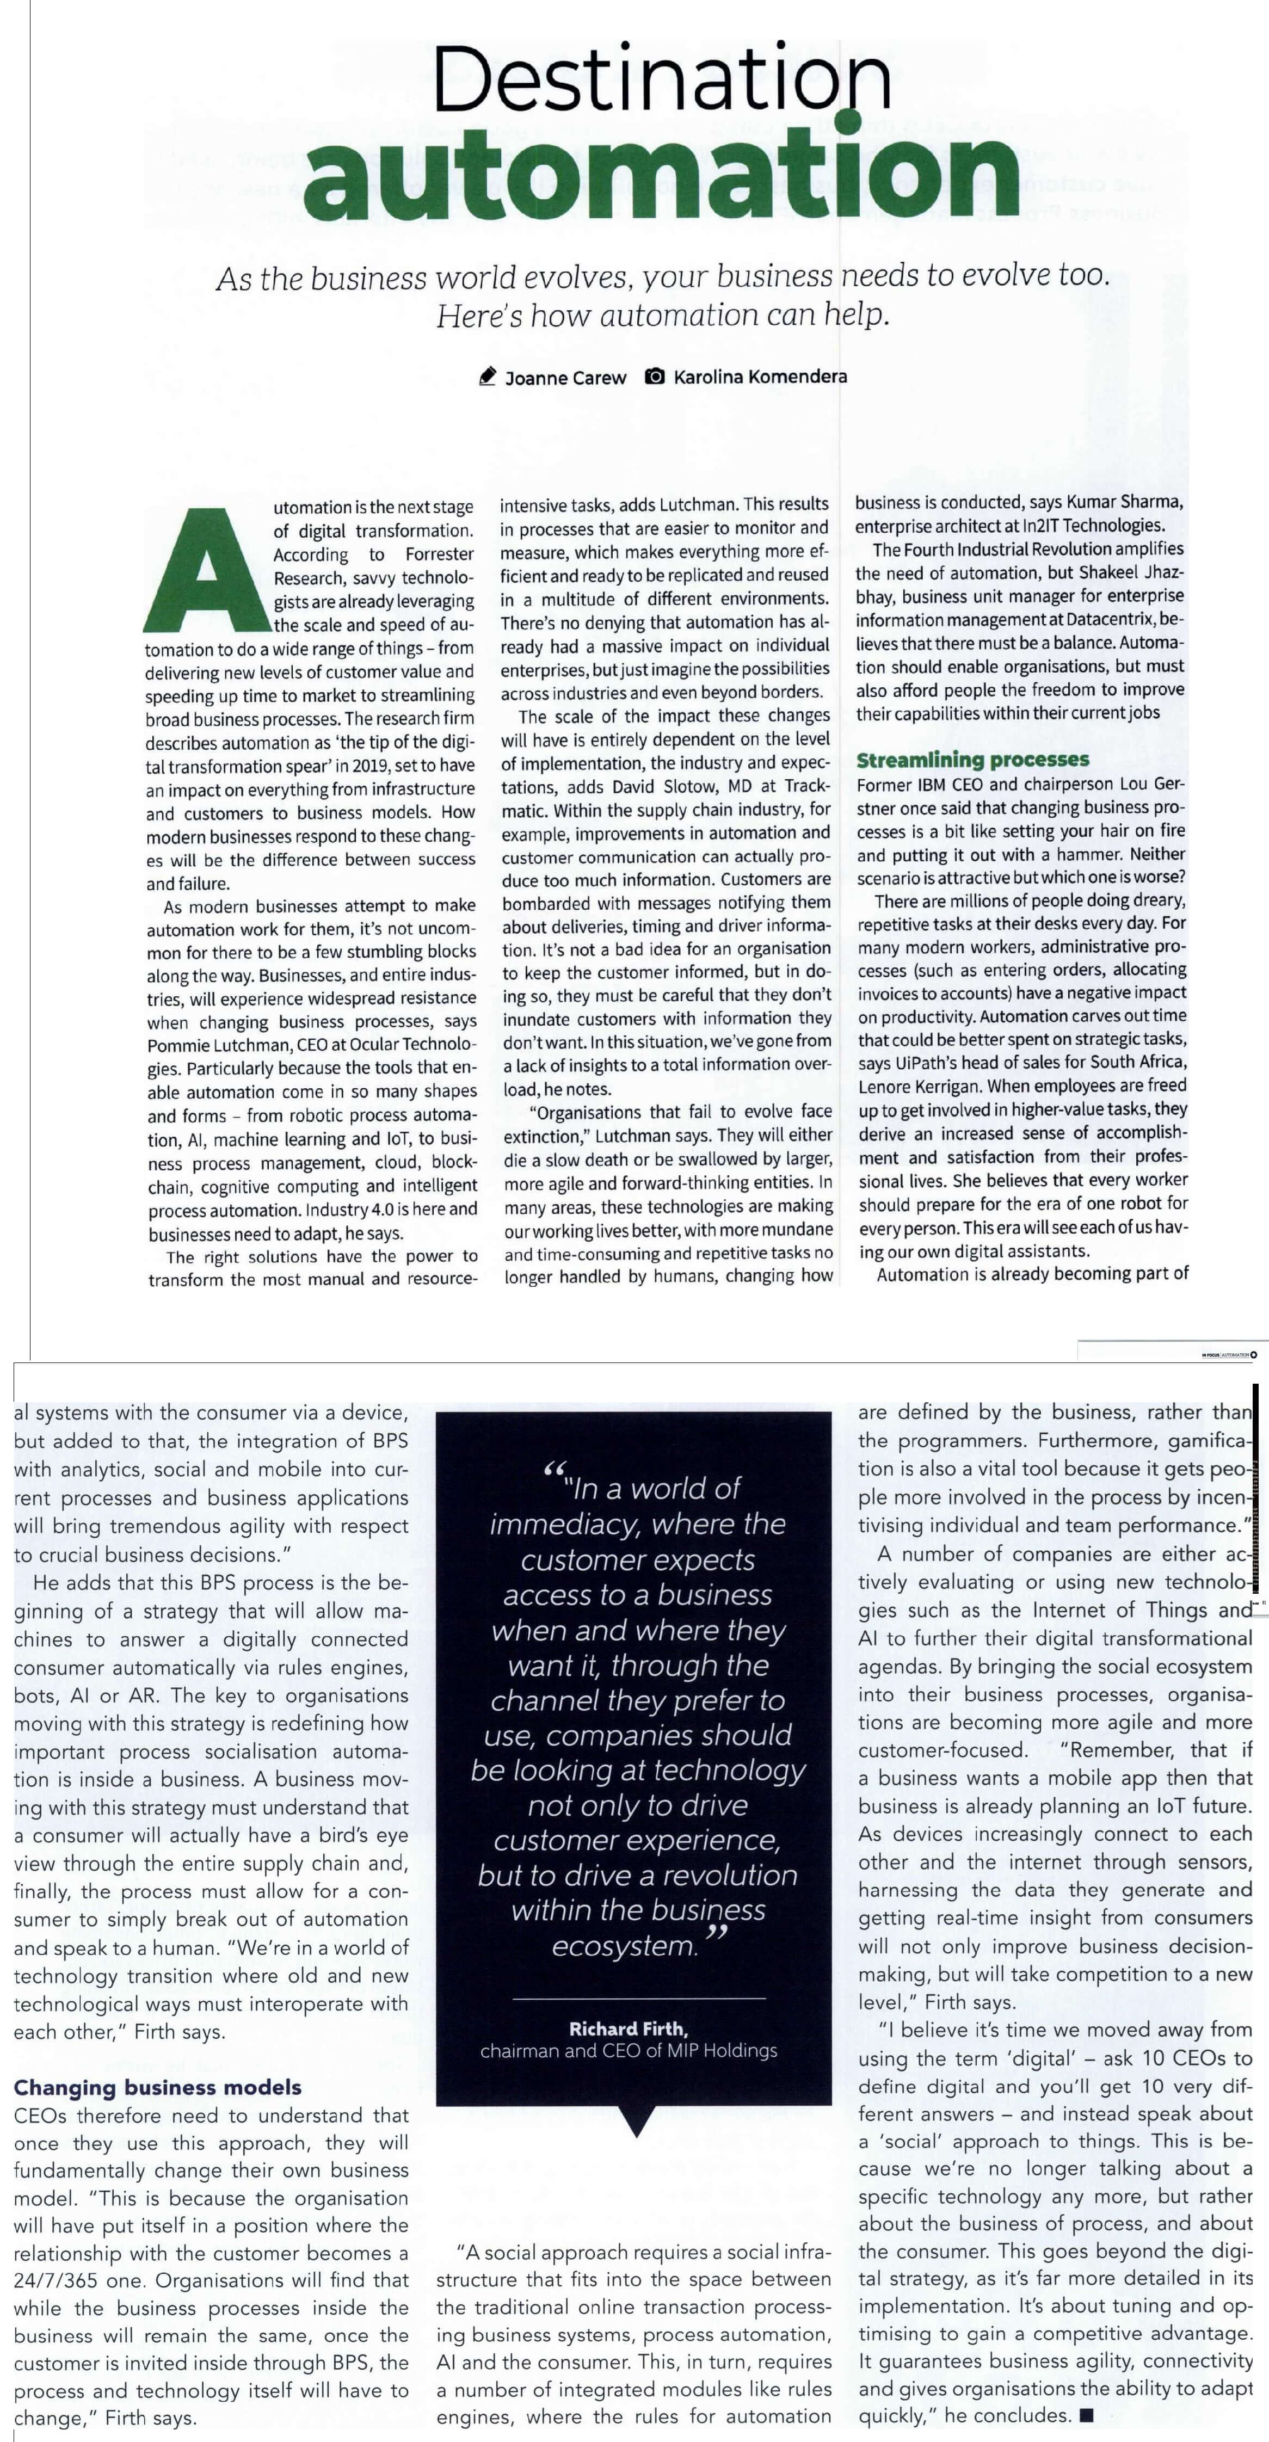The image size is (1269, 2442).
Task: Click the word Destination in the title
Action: pyautogui.click(x=661, y=79)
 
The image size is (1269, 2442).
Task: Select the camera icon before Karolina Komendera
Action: pyautogui.click(x=654, y=377)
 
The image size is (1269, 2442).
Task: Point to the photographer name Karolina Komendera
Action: pyautogui.click(x=760, y=377)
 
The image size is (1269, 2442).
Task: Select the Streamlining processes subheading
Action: pyautogui.click(x=972, y=760)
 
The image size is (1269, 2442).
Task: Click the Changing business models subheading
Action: pyautogui.click(x=157, y=2087)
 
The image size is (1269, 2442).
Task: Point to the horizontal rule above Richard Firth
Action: pyautogui.click(x=638, y=1999)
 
